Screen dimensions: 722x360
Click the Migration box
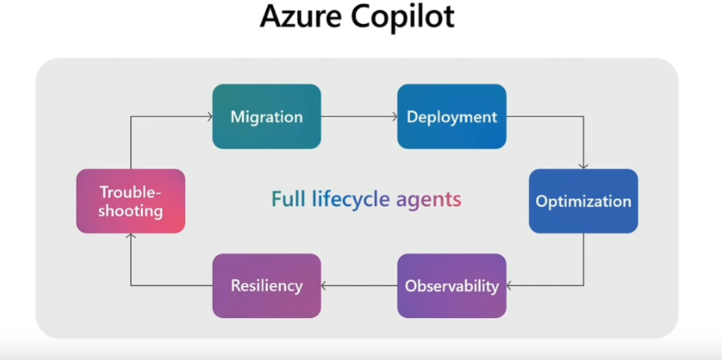point(267,116)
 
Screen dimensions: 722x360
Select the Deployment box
point(452,116)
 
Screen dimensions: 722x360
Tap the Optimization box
point(583,201)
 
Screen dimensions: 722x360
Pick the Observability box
point(452,286)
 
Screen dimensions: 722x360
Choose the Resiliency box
point(267,286)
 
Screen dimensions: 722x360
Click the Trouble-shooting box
point(131,201)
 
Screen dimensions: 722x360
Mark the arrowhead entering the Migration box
point(209,116)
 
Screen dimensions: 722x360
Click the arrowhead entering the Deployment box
point(395,116)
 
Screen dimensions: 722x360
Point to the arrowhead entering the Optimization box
point(583,167)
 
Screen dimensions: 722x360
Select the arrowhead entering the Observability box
point(509,286)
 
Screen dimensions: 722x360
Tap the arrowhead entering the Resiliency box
point(324,286)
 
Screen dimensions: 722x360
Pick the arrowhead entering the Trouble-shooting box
point(131,236)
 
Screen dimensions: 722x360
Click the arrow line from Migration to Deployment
point(359,116)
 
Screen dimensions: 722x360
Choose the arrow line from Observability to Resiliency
point(359,286)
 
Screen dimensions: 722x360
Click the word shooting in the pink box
point(131,212)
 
